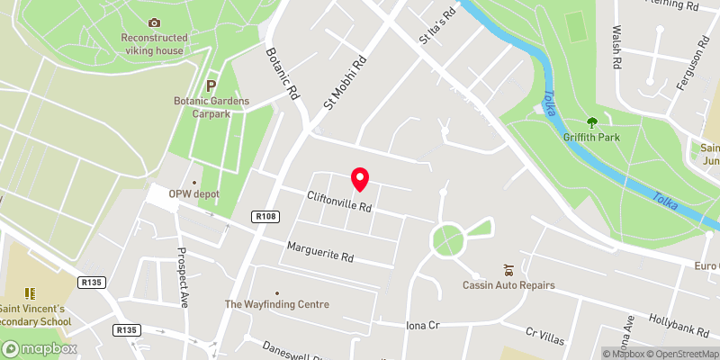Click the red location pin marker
click(x=360, y=179)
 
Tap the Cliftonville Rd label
click(x=339, y=201)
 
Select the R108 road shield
click(x=264, y=217)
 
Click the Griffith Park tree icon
click(x=591, y=121)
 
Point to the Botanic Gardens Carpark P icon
click(x=211, y=85)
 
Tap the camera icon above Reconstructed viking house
click(x=154, y=22)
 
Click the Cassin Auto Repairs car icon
click(x=508, y=269)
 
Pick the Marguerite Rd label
click(x=319, y=251)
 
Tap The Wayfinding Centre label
click(x=276, y=304)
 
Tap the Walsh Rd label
click(x=617, y=49)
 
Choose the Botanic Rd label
click(x=281, y=73)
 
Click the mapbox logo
click(x=39, y=348)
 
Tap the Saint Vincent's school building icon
click(x=30, y=293)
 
